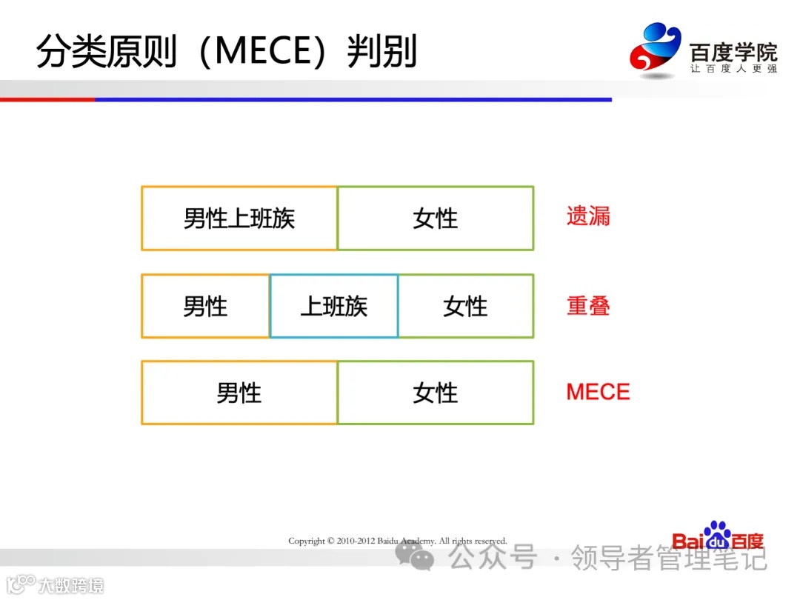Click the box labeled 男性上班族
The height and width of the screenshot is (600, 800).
click(x=239, y=219)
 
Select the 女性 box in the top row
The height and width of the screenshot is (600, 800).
click(x=436, y=219)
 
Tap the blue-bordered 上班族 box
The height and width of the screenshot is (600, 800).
click(x=333, y=306)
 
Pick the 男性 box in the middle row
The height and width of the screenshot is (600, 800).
click(x=205, y=306)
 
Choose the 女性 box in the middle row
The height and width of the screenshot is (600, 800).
click(x=465, y=306)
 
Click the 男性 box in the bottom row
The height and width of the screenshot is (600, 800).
click(x=239, y=393)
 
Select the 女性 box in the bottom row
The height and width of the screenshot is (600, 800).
click(x=436, y=393)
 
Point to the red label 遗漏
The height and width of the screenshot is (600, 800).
click(x=588, y=216)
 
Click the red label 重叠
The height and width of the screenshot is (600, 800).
click(x=588, y=305)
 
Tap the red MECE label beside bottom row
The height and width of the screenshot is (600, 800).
click(x=598, y=392)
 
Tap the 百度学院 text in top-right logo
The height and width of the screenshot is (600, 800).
click(x=733, y=52)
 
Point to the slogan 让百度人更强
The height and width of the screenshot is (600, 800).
click(x=733, y=69)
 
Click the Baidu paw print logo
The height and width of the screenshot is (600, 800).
click(x=716, y=531)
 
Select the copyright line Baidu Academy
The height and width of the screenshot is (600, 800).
click(x=397, y=541)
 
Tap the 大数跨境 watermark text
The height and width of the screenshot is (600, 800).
click(x=71, y=585)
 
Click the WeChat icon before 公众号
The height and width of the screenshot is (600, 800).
click(x=415, y=556)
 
